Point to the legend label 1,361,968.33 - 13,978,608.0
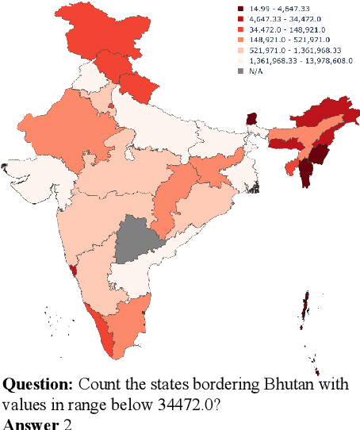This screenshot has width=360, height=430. click(298, 60)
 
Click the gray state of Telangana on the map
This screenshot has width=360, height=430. click(140, 238)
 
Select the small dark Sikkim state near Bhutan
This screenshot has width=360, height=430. click(252, 119)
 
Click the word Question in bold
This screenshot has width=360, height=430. click(36, 385)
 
